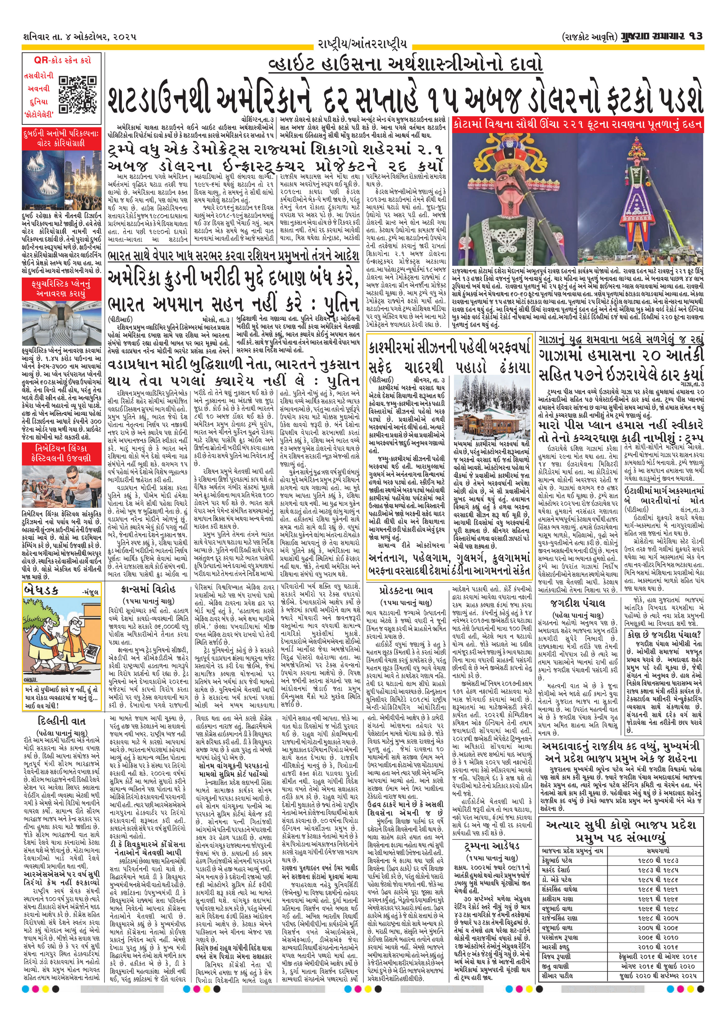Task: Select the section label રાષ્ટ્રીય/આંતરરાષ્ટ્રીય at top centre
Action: tap(362, 44)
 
